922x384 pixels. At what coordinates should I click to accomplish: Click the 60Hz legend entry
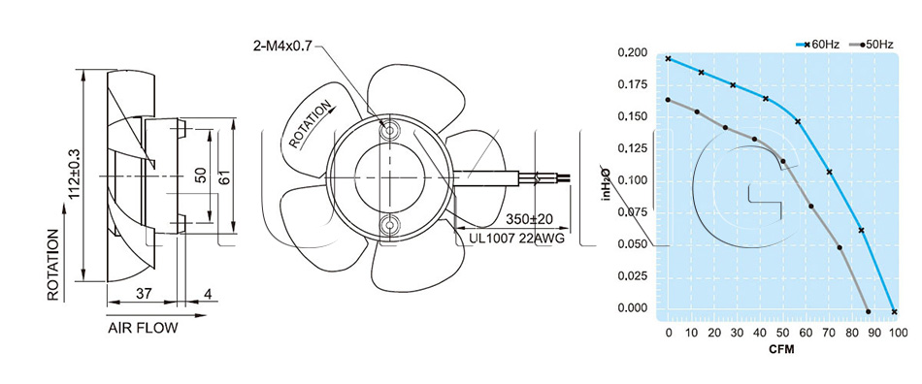[x=818, y=44]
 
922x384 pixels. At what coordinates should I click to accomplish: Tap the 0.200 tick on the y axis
[x=633, y=53]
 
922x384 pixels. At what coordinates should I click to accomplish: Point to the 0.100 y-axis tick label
[x=633, y=180]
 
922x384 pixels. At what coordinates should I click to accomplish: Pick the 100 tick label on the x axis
[x=898, y=334]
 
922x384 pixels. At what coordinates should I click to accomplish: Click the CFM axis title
[x=782, y=350]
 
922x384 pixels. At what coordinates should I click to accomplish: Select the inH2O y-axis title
[x=605, y=182]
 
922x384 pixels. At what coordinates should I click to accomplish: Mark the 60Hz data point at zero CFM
[x=668, y=59]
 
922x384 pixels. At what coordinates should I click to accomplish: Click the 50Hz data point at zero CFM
[x=668, y=100]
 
